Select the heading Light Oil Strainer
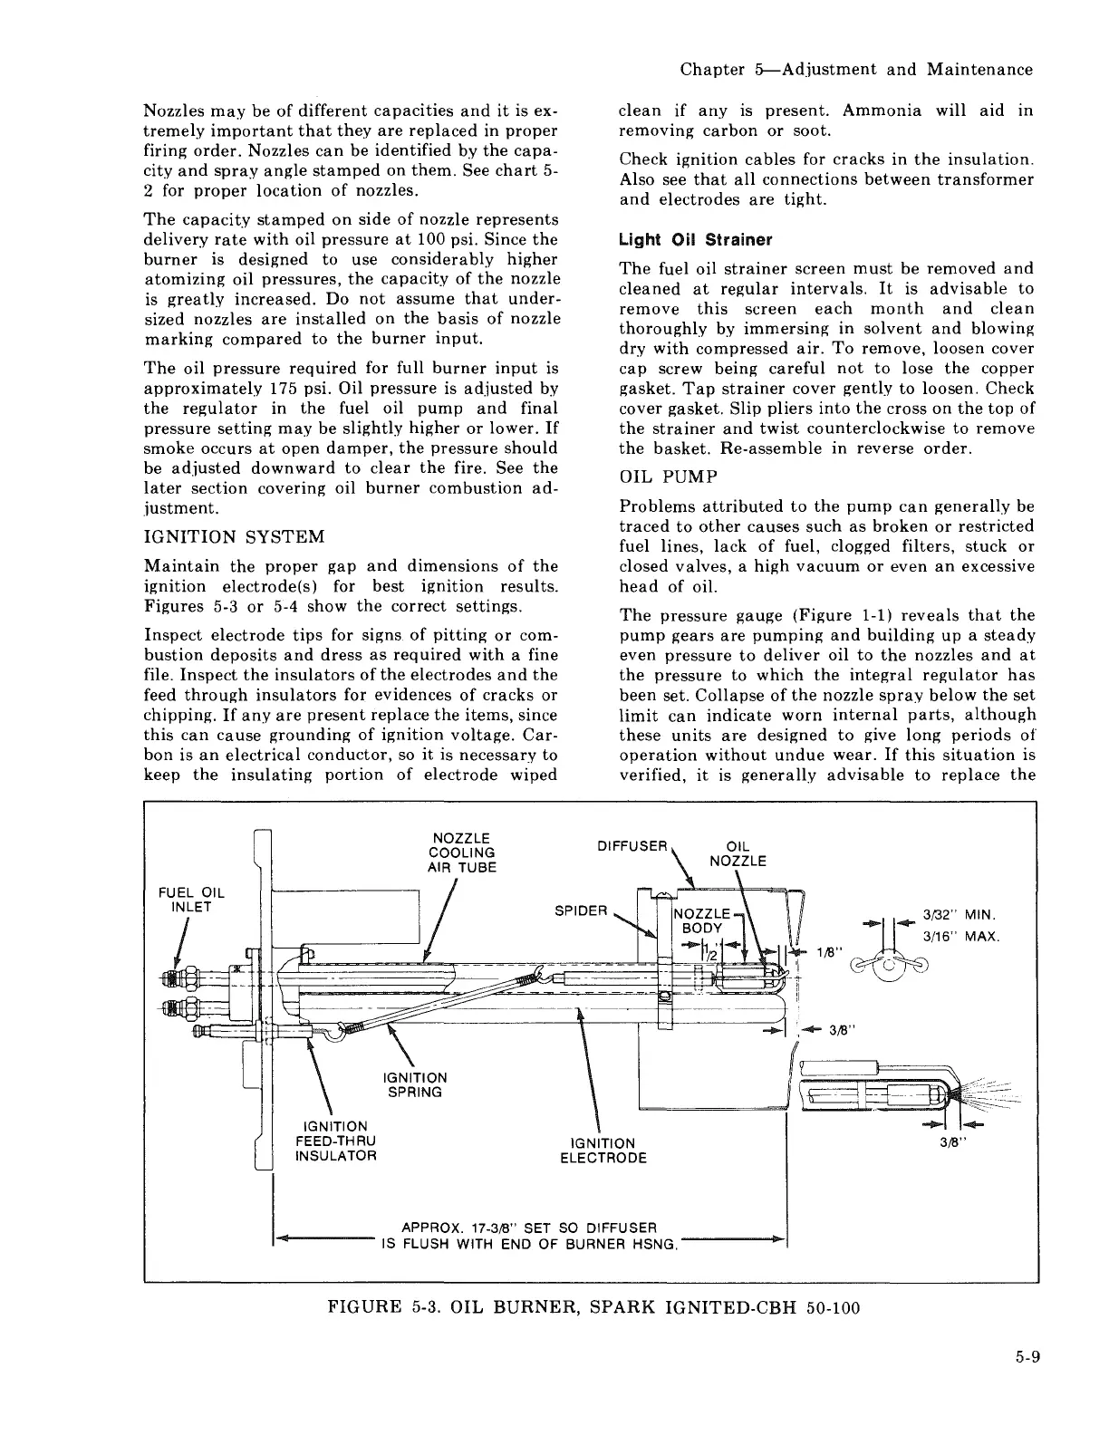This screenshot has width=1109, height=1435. click(x=695, y=240)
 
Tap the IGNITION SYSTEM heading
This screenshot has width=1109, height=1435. click(x=234, y=536)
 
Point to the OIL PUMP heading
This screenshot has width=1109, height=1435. click(x=668, y=477)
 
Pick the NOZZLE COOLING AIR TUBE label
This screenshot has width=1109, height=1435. click(x=461, y=852)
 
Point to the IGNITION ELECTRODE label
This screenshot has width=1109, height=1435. click(x=603, y=1150)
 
